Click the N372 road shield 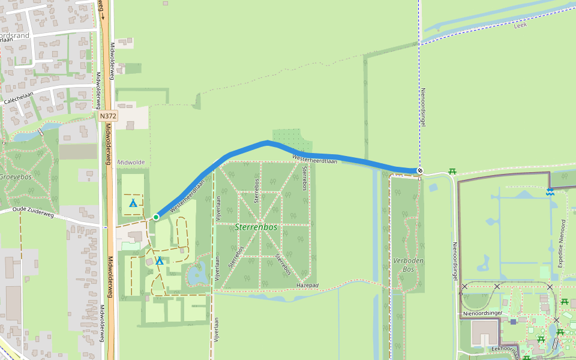(108, 116)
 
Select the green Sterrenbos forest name (255, 227)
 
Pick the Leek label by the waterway (520, 26)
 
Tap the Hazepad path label (307, 286)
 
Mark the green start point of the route (156, 217)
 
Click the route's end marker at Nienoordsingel (420, 171)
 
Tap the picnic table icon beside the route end (452, 172)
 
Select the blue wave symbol (550, 191)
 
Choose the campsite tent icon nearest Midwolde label (133, 203)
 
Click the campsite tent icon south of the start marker (160, 261)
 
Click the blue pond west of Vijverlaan (197, 275)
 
